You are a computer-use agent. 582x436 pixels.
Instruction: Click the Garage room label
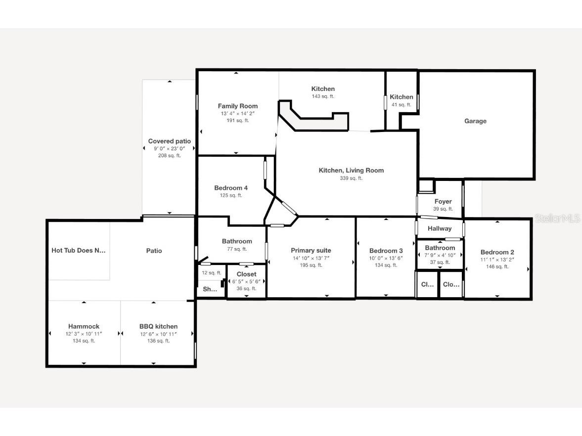475,121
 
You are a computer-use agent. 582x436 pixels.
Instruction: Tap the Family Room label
238,106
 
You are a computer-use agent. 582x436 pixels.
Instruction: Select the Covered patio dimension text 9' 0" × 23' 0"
169,148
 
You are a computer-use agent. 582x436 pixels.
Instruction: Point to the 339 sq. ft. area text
351,178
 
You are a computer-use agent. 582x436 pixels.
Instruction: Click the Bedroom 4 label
231,188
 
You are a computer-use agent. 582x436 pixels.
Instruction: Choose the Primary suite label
311,251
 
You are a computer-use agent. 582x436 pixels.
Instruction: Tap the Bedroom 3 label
386,251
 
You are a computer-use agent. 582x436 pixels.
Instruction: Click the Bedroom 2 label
497,252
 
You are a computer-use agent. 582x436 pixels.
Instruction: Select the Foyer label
443,202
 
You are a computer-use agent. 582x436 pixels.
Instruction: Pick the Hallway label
440,228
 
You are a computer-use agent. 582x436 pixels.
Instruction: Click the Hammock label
84,326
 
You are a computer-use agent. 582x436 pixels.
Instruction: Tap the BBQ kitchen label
158,326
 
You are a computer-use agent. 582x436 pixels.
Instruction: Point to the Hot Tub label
79,251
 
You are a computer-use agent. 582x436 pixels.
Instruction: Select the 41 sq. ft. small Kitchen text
401,105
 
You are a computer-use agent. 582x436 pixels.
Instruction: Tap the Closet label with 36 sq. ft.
246,274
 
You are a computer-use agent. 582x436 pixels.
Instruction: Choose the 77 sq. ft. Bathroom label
237,241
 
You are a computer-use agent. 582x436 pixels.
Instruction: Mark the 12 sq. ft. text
211,273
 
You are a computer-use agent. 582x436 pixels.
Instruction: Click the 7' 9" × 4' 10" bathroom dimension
440,255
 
